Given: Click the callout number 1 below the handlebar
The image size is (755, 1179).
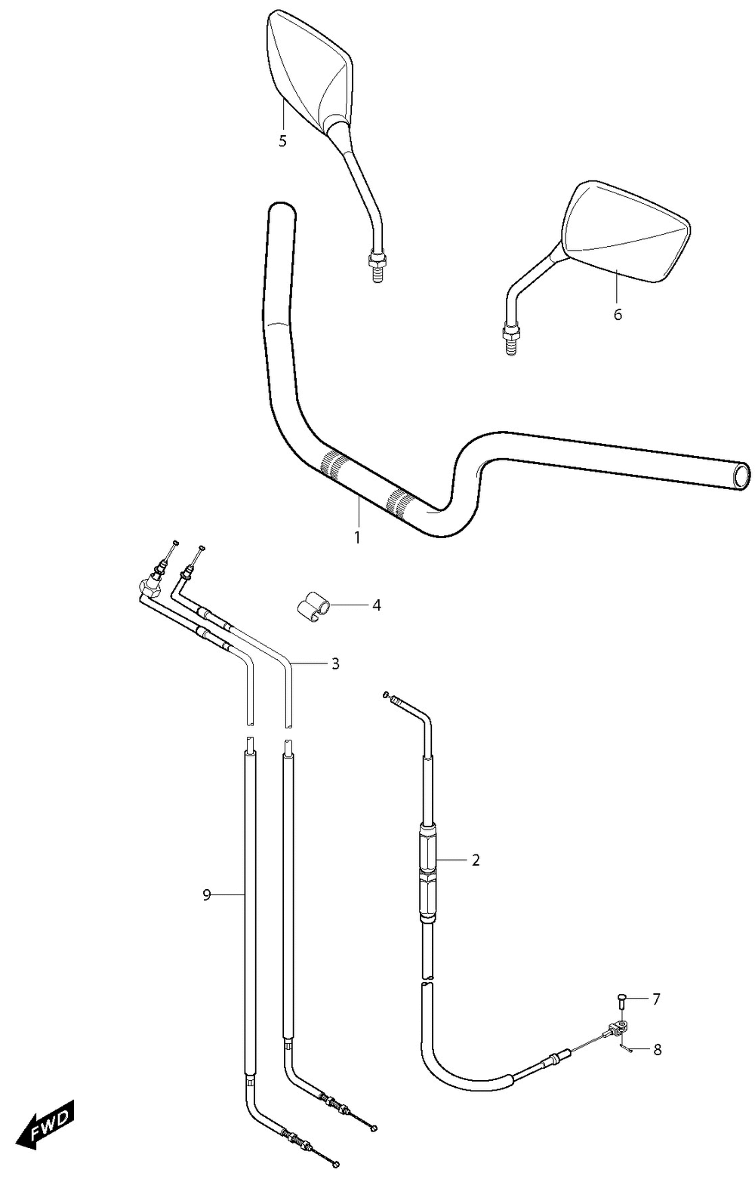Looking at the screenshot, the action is pyautogui.click(x=358, y=538).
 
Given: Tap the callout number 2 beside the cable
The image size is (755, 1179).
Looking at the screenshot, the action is pyautogui.click(x=476, y=860).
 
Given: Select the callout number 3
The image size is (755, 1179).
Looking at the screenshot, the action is pyautogui.click(x=335, y=663).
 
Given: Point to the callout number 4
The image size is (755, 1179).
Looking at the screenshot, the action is pyautogui.click(x=377, y=605).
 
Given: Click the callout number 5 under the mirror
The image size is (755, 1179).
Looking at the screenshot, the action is pyautogui.click(x=282, y=141).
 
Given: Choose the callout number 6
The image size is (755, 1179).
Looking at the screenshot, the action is pyautogui.click(x=618, y=314).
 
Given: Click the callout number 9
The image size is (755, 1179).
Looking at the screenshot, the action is pyautogui.click(x=207, y=894).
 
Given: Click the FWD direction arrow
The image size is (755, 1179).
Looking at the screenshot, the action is pyautogui.click(x=45, y=1120).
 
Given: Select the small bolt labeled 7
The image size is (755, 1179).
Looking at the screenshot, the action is pyautogui.click(x=621, y=1002).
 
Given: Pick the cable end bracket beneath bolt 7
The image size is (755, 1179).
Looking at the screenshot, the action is pyautogui.click(x=617, y=1027).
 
